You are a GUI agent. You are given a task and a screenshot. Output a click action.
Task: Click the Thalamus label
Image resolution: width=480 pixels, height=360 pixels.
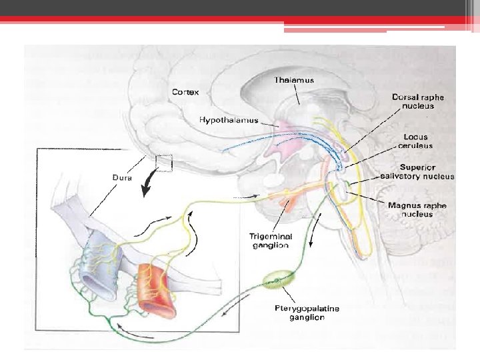coord(294,81)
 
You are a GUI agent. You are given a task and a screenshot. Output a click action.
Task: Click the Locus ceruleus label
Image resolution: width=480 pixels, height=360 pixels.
coord(416,141)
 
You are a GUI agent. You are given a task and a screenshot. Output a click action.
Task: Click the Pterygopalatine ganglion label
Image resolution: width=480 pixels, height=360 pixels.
coord(299,313)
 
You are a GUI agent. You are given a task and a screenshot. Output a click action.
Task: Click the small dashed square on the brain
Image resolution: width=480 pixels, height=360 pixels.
coord(163,163)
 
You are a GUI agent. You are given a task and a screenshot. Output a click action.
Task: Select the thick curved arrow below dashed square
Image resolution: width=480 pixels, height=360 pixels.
coord(149,186)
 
